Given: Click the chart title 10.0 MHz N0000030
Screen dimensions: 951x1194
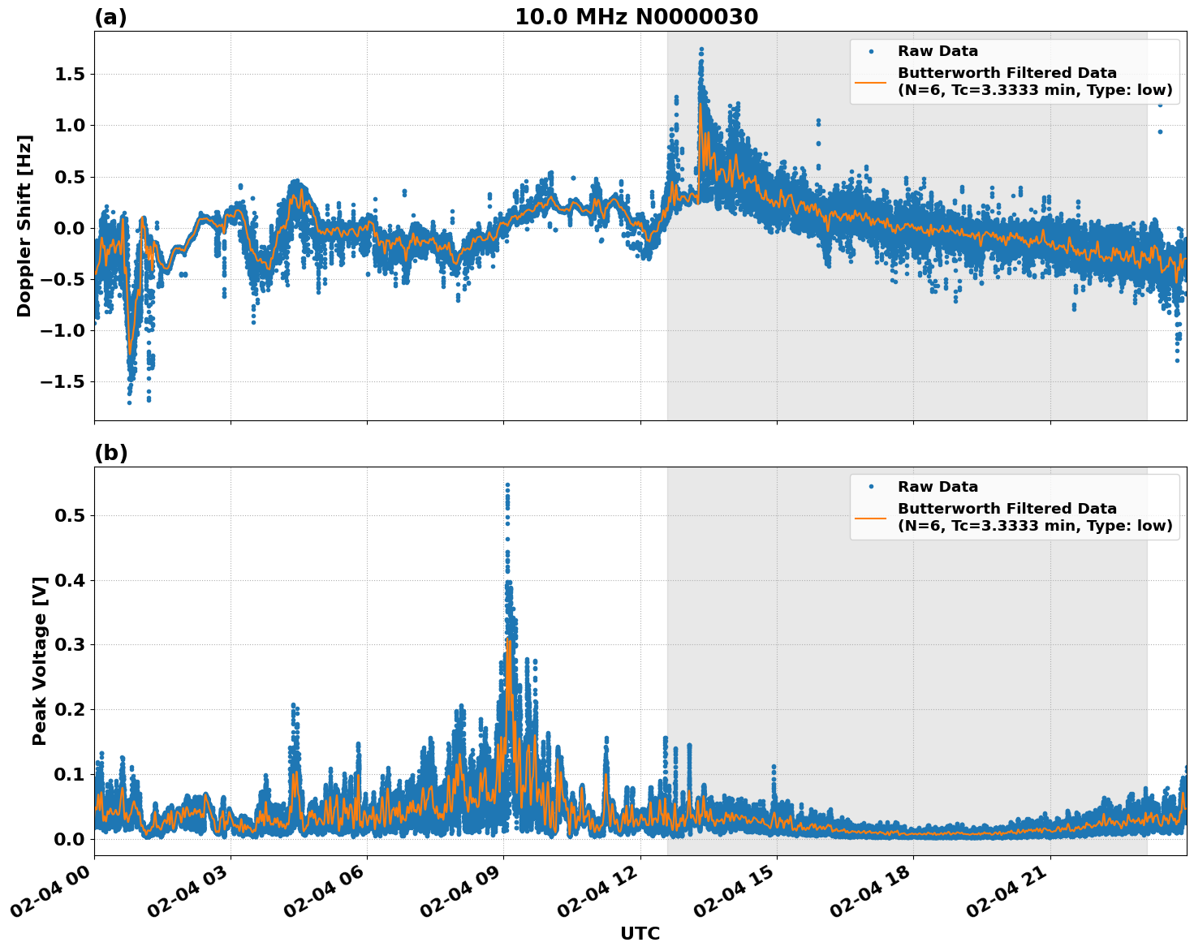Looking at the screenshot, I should tap(636, 17).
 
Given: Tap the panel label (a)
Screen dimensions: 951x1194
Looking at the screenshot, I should tap(110, 17).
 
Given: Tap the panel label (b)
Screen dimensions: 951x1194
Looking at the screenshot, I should tap(111, 453).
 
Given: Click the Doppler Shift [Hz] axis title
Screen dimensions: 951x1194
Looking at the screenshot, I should tap(24, 226).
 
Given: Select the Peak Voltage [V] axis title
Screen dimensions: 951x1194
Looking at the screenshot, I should tap(40, 661).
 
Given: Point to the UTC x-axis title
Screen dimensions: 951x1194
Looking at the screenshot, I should tap(640, 933).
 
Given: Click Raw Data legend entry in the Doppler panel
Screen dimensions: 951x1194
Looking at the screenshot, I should tap(938, 51).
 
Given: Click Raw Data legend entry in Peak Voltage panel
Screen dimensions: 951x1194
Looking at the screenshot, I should tap(938, 487).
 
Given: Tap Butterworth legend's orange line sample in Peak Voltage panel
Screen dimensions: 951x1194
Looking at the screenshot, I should tap(870, 517).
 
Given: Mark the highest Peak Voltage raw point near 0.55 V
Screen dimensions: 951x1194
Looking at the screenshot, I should tap(507, 485).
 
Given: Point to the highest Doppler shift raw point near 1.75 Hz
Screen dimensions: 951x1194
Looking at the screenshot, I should tap(701, 49).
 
